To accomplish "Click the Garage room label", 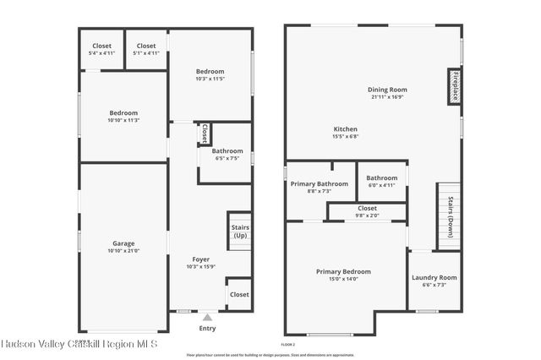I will pyautogui.click(x=123, y=243).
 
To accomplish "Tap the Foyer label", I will pyautogui.click(x=200, y=259).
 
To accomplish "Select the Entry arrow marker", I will pyautogui.click(x=207, y=317).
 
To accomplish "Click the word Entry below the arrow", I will pyautogui.click(x=207, y=328).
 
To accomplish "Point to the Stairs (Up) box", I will pyautogui.click(x=239, y=231).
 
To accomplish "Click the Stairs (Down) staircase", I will pyautogui.click(x=449, y=216).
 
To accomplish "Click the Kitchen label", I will pyautogui.click(x=346, y=128).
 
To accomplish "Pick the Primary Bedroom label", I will pyautogui.click(x=343, y=271).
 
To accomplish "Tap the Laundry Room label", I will pyautogui.click(x=434, y=277).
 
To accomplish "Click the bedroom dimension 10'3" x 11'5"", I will pyautogui.click(x=210, y=79).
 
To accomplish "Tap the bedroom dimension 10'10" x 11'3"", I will pyautogui.click(x=123, y=120).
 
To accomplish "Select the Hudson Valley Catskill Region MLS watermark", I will pyautogui.click(x=85, y=345).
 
